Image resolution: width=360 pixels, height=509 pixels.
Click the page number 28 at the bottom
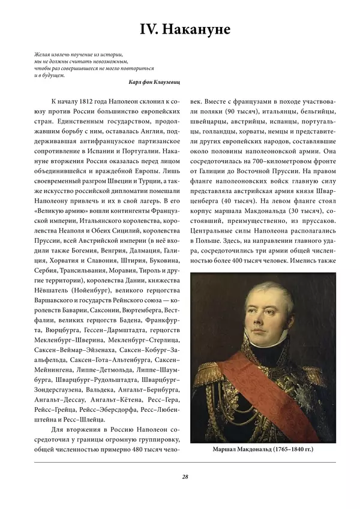pyautogui.click(x=185, y=477)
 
